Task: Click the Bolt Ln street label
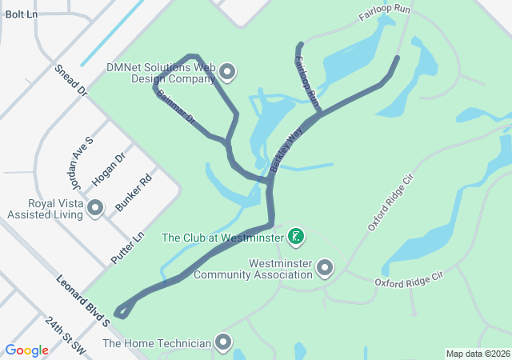point(21,14)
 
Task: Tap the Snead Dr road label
point(70,81)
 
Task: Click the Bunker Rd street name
point(133,194)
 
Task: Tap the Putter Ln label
point(126,247)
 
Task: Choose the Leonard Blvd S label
point(82,300)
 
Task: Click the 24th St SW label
point(65,335)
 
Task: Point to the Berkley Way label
point(285,151)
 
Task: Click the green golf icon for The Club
point(296,236)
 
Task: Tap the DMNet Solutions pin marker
point(228,73)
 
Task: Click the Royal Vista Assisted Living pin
point(96,208)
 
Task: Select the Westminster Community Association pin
point(325,267)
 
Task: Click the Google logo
point(27,350)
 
